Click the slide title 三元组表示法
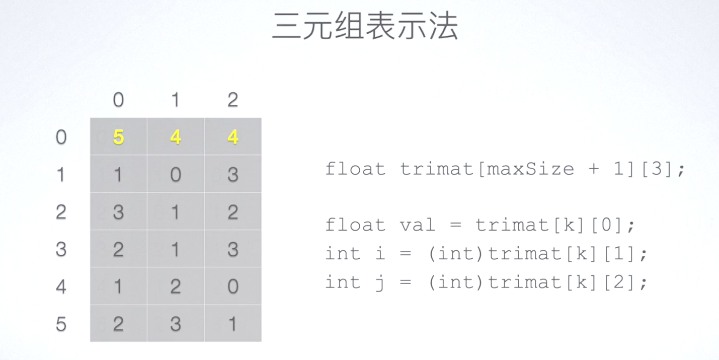point(365,26)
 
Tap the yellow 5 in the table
point(118,137)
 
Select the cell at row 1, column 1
point(176,174)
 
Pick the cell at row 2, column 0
point(118,212)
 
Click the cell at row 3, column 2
point(232,249)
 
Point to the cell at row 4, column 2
point(232,286)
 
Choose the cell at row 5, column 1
point(176,324)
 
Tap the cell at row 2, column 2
point(232,212)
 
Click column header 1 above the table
point(175,100)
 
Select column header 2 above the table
point(232,100)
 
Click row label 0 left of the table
point(61,137)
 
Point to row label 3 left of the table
point(61,249)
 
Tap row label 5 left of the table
point(61,324)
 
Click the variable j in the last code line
point(380,282)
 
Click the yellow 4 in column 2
point(232,137)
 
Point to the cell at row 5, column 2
point(232,324)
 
